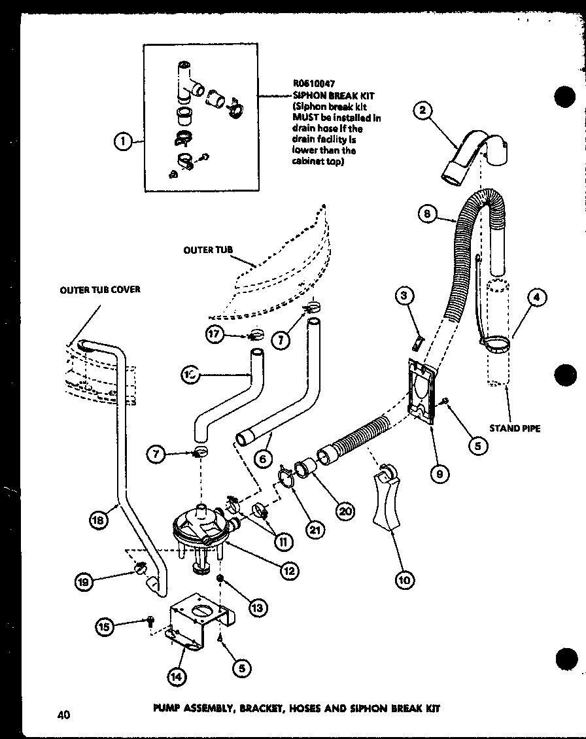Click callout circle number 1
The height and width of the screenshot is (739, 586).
pyautogui.click(x=122, y=139)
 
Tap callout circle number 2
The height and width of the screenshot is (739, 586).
pyautogui.click(x=424, y=111)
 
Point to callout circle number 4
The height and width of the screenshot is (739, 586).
pyautogui.click(x=536, y=298)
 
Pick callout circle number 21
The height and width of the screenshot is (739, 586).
pyautogui.click(x=317, y=530)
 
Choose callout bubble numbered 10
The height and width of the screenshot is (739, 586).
pyautogui.click(x=405, y=579)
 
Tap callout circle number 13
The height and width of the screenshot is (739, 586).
pyautogui.click(x=257, y=608)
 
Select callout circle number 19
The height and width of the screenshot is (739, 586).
pyautogui.click(x=84, y=580)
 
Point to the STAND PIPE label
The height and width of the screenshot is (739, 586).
pyautogui.click(x=515, y=429)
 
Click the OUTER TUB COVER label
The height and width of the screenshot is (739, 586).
pyautogui.click(x=100, y=290)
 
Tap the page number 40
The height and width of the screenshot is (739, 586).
pyautogui.click(x=63, y=714)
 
